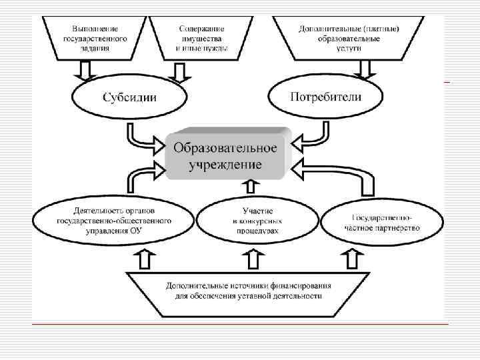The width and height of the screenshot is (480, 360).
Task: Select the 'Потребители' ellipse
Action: pos(326,97)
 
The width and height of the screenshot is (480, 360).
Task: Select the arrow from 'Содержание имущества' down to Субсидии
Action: pos(179,69)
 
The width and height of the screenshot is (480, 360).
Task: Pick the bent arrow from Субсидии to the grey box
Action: pos(144,137)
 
